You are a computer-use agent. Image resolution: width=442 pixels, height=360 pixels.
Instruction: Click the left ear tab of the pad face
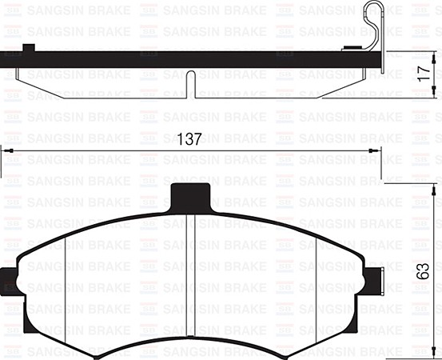(x=10, y=282)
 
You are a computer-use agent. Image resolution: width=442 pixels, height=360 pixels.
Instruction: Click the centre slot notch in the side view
(x=191, y=85)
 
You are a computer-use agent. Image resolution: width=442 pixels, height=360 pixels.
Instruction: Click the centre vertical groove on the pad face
(x=191, y=280)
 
